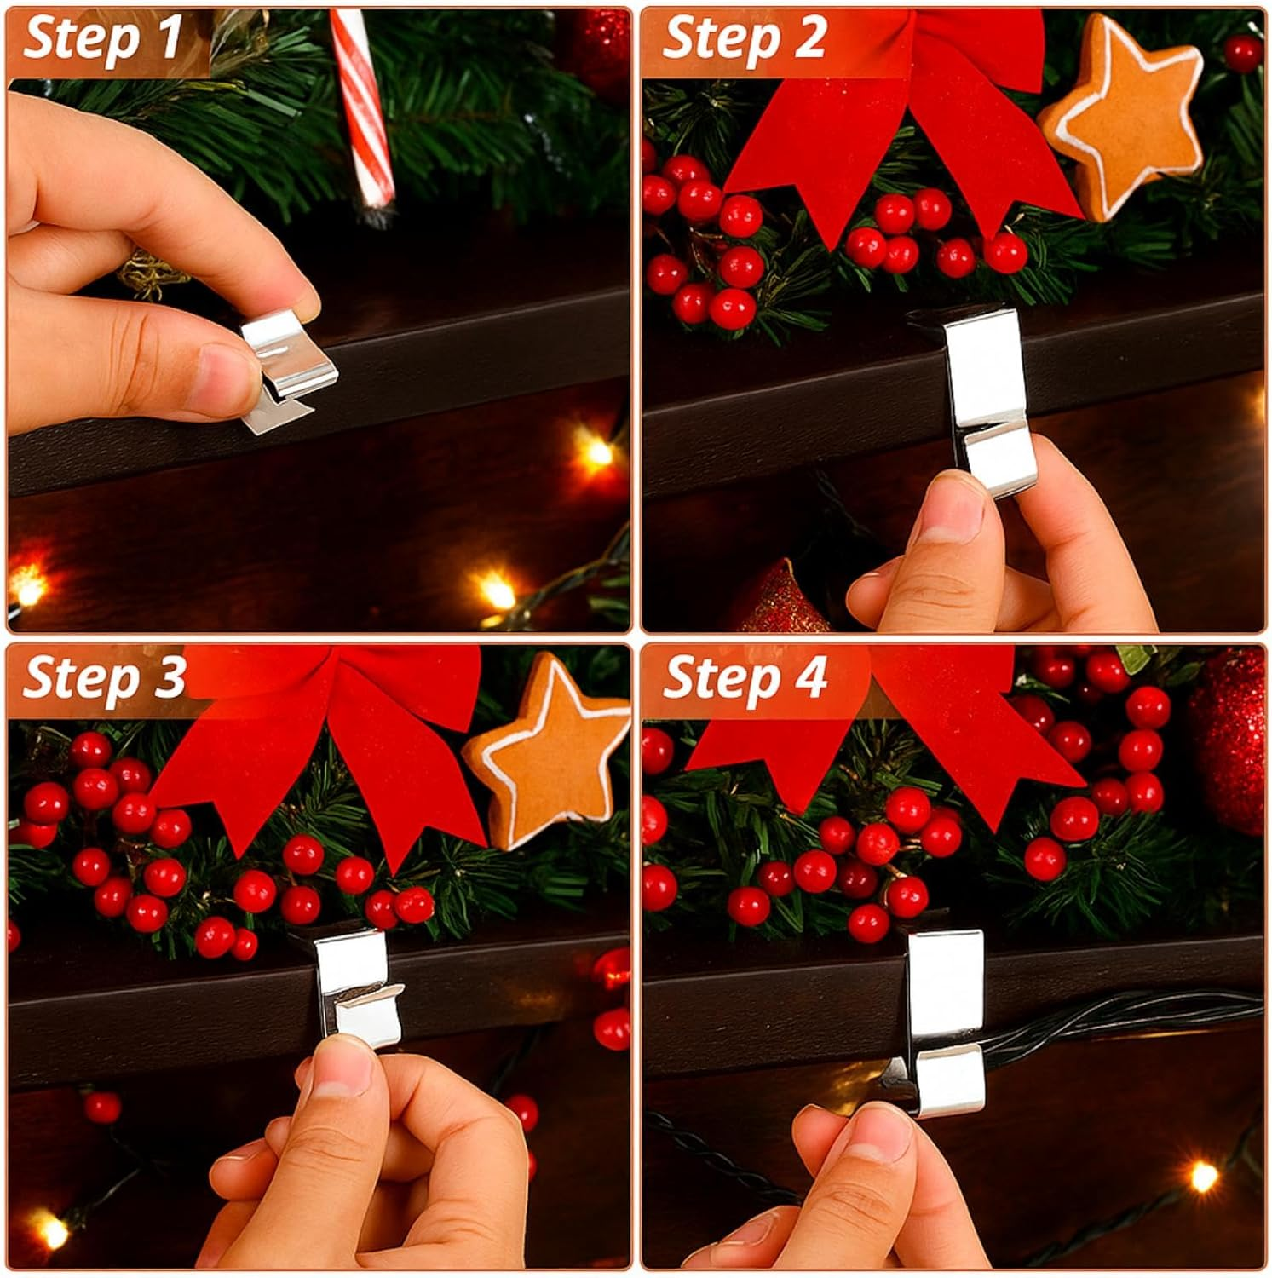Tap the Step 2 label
tap(743, 38)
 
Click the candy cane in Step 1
tap(361, 111)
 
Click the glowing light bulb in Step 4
tap(1203, 1176)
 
